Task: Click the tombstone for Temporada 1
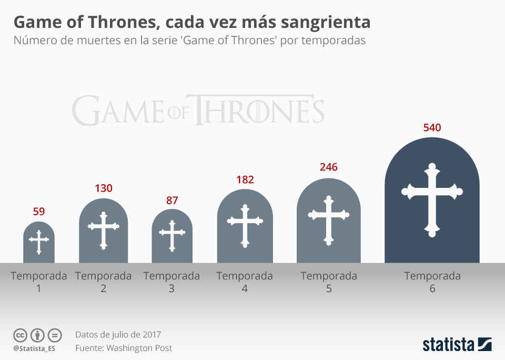pyautogui.click(x=38, y=243)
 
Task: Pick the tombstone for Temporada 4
pyautogui.click(x=245, y=227)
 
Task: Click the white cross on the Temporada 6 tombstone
pyautogui.click(x=432, y=200)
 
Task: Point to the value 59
pyautogui.click(x=39, y=212)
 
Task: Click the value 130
pyautogui.click(x=104, y=188)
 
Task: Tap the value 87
pyautogui.click(x=172, y=200)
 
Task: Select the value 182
pyautogui.click(x=245, y=179)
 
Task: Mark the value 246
pyautogui.click(x=329, y=167)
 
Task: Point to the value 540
pyautogui.click(x=432, y=128)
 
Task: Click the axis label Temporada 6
pyautogui.click(x=432, y=282)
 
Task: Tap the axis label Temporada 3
pyautogui.click(x=171, y=282)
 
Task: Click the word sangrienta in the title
pyautogui.click(x=326, y=23)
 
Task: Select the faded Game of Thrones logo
pyautogui.click(x=198, y=110)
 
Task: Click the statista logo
pyautogui.click(x=457, y=345)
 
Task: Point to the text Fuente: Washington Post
pyautogui.click(x=124, y=348)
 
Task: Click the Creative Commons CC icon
pyautogui.click(x=20, y=335)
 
